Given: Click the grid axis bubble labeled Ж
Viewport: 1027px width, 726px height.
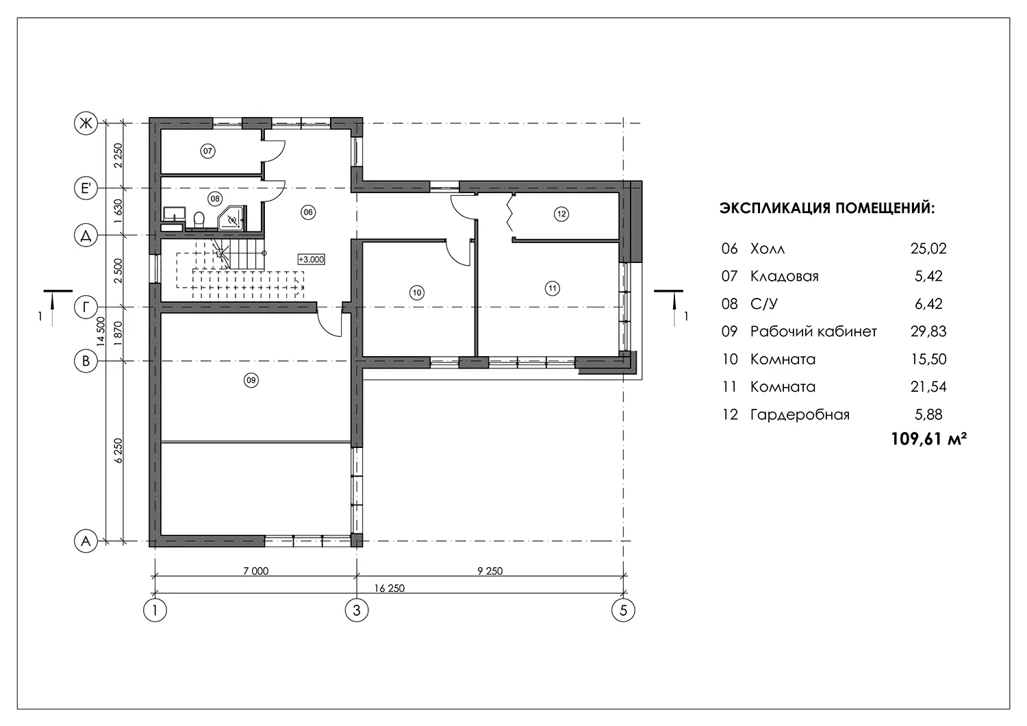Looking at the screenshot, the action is point(86,123).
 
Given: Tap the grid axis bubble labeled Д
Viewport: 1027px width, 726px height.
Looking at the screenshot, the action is point(86,236).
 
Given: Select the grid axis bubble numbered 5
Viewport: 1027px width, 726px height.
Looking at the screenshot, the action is point(623,610).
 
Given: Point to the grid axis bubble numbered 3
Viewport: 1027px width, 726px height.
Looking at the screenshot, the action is point(357,610).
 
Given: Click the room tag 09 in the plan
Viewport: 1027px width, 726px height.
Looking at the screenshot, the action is point(251,380).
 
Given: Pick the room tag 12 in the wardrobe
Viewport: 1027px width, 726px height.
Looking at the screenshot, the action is point(561,214).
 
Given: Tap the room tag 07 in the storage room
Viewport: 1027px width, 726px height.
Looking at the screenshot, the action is point(207,151).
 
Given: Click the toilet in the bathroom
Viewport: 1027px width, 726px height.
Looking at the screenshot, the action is point(199,218).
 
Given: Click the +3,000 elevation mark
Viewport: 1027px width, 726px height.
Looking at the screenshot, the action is point(312,260).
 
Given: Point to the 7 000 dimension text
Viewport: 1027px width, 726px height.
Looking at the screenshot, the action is point(256,571).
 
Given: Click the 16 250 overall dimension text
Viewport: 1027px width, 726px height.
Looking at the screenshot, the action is point(390,588).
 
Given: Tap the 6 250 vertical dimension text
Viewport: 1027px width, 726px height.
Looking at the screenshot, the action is point(118,451).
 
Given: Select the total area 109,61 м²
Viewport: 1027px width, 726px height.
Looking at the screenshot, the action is point(929,439).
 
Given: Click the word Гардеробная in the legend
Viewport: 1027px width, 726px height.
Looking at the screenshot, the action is point(800,414).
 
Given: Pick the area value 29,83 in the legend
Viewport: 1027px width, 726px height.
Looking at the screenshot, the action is point(928,331).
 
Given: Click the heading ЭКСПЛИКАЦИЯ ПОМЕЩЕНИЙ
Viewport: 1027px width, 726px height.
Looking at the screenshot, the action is point(826,208).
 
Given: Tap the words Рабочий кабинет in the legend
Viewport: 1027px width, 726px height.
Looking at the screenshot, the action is point(813,331).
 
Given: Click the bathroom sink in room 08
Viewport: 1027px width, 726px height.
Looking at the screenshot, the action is point(174,214).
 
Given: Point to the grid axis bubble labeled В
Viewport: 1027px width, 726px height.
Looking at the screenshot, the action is point(86,361).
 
